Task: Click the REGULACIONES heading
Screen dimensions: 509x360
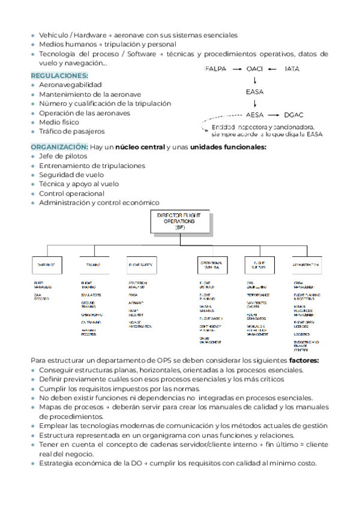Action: (x=59, y=76)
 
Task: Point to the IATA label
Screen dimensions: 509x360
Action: (x=292, y=69)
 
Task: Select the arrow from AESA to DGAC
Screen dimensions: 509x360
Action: (x=274, y=114)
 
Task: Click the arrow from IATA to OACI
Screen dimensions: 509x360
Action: (x=273, y=69)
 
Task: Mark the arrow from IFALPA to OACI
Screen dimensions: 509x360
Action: (x=236, y=69)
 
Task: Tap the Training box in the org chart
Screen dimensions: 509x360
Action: (x=94, y=264)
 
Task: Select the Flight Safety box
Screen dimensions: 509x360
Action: (x=142, y=264)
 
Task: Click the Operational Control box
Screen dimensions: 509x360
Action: (x=213, y=264)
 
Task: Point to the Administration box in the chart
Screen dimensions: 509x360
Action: (x=306, y=264)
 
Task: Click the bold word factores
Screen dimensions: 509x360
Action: (x=304, y=361)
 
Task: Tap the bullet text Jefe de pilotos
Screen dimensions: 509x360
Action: (x=63, y=156)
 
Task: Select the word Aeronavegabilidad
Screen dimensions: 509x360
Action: (x=71, y=85)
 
